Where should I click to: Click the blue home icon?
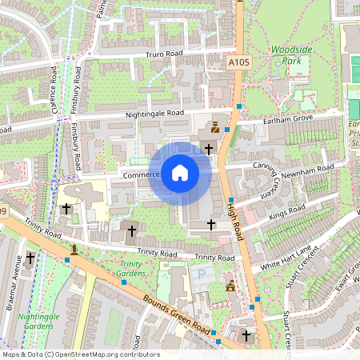pyautogui.click(x=180, y=173)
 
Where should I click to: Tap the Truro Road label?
pyautogui.click(x=164, y=54)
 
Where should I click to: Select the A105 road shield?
pyautogui.click(x=238, y=62)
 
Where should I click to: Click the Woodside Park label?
pyautogui.click(x=290, y=54)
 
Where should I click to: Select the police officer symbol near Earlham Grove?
pyautogui.click(x=214, y=128)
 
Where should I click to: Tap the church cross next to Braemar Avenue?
pyautogui.click(x=30, y=258)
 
